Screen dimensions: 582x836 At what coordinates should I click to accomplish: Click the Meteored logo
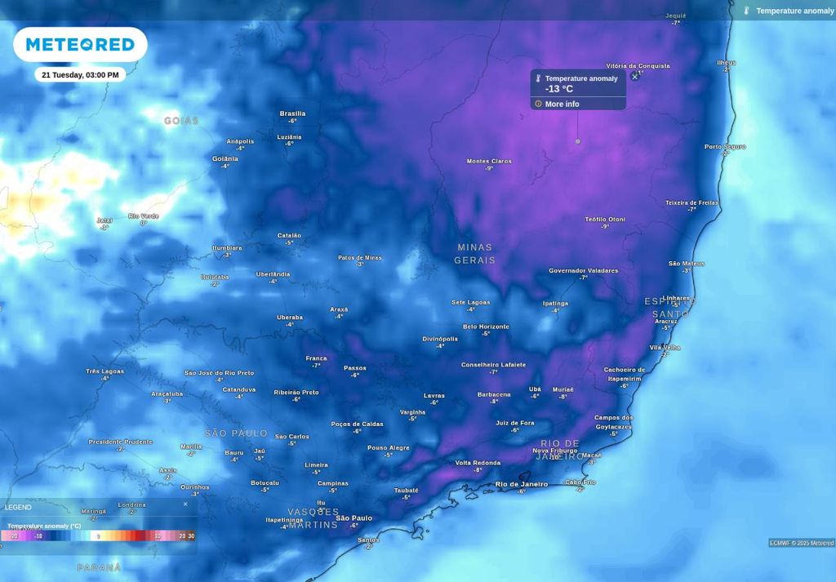(x=80, y=45)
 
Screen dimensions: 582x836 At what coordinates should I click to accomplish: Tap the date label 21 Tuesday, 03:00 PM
(x=80, y=75)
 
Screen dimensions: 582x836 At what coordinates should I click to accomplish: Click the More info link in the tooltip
(x=562, y=104)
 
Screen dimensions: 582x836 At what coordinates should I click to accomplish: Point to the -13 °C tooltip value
(x=559, y=89)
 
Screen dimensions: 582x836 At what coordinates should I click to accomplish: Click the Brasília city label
(x=292, y=113)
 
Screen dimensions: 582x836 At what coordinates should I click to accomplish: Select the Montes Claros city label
(x=489, y=161)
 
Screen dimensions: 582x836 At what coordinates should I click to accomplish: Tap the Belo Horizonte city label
(x=486, y=327)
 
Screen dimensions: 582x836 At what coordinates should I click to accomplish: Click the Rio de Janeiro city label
(x=522, y=484)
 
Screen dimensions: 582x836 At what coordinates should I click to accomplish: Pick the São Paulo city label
(x=354, y=518)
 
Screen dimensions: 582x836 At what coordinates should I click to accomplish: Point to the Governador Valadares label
(x=583, y=270)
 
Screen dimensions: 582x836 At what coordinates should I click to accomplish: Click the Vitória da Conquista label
(x=638, y=65)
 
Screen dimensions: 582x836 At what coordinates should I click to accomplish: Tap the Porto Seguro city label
(x=725, y=147)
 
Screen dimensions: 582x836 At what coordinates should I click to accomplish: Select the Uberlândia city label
(x=273, y=274)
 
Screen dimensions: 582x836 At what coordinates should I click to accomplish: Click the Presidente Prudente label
(x=120, y=442)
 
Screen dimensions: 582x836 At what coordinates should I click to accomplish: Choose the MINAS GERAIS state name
(x=474, y=254)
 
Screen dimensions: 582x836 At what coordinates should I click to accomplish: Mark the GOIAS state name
(x=181, y=121)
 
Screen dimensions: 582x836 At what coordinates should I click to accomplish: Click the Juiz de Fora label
(x=515, y=423)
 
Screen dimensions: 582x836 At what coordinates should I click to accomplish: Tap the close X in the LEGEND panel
(x=185, y=504)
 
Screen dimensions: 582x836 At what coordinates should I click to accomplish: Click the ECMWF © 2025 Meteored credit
(x=801, y=543)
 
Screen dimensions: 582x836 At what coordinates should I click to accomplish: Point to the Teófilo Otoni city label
(x=605, y=219)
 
